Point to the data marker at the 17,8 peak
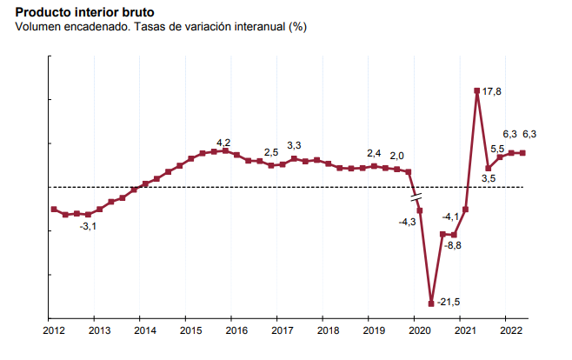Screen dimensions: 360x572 coord(477,90)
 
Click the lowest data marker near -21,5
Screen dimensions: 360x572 coord(431,303)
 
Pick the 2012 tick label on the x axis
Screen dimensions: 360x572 coord(54,331)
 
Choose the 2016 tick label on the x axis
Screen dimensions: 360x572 coord(236,331)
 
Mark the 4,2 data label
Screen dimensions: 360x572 coord(223,143)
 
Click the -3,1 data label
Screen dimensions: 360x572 coord(88,227)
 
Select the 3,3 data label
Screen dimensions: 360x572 coord(294,146)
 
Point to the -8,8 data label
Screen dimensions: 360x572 coord(453,246)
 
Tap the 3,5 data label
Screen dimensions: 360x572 coord(489,179)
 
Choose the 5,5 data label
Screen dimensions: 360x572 coord(498,149)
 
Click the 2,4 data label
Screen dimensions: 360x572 coord(375,153)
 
